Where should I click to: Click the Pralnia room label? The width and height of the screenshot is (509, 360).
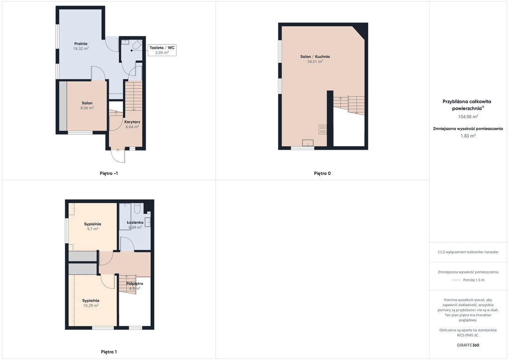pyautogui.click(x=81, y=43)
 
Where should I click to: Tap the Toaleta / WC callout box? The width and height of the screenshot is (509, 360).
pyautogui.click(x=162, y=50)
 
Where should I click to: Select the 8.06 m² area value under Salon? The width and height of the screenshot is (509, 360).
pyautogui.click(x=87, y=108)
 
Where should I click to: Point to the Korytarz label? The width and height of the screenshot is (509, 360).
pyautogui.click(x=132, y=122)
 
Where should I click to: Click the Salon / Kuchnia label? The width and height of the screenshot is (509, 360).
pyautogui.click(x=315, y=57)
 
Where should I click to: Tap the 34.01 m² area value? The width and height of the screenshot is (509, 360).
pyautogui.click(x=315, y=61)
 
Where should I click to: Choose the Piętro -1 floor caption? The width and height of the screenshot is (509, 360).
pyautogui.click(x=109, y=174)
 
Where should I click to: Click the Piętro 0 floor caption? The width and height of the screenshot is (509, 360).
pyautogui.click(x=322, y=174)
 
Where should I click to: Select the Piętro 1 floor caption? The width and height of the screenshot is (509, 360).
pyautogui.click(x=109, y=352)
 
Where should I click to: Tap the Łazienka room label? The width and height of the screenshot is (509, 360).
pyautogui.click(x=135, y=222)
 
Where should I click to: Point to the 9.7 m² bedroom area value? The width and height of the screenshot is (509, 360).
pyautogui.click(x=92, y=229)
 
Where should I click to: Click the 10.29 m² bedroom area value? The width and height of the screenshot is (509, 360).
pyautogui.click(x=90, y=305)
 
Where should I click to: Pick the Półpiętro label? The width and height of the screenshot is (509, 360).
pyautogui.click(x=135, y=283)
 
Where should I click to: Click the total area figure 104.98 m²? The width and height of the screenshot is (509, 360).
pyautogui.click(x=468, y=116)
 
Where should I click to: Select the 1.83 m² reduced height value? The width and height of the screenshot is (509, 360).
pyautogui.click(x=468, y=136)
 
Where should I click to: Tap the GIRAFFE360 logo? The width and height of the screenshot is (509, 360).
pyautogui.click(x=468, y=345)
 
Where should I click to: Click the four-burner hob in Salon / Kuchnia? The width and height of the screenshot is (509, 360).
pyautogui.click(x=323, y=129)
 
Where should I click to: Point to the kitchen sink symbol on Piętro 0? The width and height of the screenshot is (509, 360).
pyautogui.click(x=308, y=143)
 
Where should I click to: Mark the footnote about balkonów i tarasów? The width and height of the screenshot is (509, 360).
pyautogui.click(x=468, y=252)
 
